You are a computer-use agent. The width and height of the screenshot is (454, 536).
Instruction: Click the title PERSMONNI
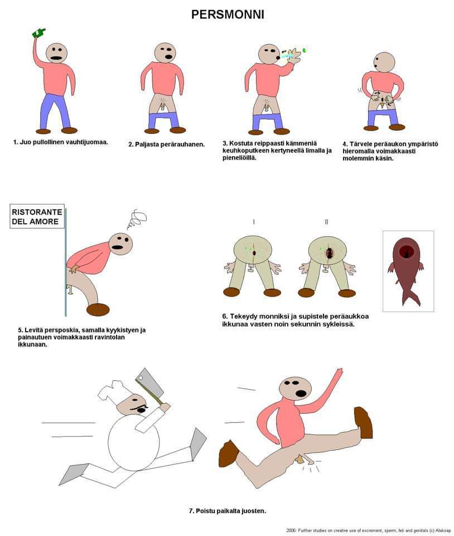pyautogui.click(x=228, y=15)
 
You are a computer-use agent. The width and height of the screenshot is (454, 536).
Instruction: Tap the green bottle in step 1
pyautogui.click(x=38, y=32)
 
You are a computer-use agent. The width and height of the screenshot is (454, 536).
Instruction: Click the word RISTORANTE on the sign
pyautogui.click(x=37, y=212)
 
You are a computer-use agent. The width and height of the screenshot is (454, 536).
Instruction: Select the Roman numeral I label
pyautogui.click(x=254, y=222)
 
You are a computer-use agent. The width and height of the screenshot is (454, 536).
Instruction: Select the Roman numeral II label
pyautogui.click(x=326, y=222)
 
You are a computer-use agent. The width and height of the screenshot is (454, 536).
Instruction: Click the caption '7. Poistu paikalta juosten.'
pyautogui.click(x=228, y=511)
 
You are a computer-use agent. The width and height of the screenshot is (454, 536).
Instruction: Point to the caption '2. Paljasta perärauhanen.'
pyautogui.click(x=167, y=145)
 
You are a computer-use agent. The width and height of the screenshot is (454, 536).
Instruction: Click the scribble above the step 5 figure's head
pyautogui.click(x=137, y=219)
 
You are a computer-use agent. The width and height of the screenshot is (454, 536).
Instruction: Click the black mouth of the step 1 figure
pyautogui.click(x=56, y=58)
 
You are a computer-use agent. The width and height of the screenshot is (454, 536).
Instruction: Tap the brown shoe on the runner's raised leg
pyautogui.click(x=364, y=422)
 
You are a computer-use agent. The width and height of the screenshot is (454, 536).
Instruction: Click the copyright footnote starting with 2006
pyautogui.click(x=369, y=530)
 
